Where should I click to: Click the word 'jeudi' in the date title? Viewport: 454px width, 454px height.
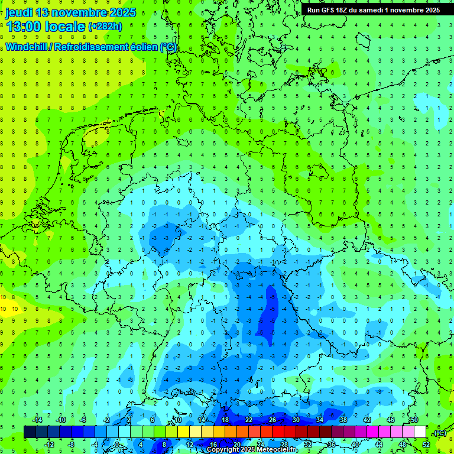tap(18, 12)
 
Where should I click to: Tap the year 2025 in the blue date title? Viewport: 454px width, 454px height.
tap(122, 12)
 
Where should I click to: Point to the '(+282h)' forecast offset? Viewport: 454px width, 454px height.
tap(105, 27)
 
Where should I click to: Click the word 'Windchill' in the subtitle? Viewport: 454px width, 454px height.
tap(28, 47)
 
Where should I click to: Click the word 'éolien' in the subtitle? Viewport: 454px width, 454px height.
tap(145, 47)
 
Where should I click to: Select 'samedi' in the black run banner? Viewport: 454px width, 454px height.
tap(379, 10)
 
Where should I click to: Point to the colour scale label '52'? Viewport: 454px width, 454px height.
tap(426, 445)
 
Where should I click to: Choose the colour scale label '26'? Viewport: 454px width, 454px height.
tap(273, 420)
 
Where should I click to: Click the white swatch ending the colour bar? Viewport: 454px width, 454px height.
tap(420, 432)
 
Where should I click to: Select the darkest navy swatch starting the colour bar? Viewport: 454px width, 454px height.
tap(30, 432)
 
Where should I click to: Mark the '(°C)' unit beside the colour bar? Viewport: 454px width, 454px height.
tap(440, 433)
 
